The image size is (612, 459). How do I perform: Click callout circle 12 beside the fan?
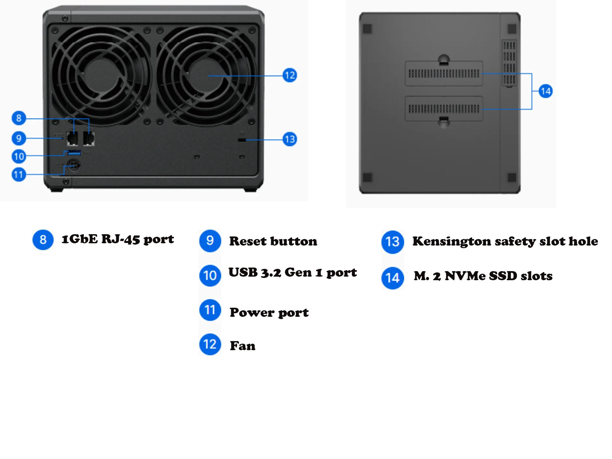pyautogui.click(x=289, y=75)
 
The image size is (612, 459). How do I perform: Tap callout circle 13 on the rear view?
pyautogui.click(x=289, y=139)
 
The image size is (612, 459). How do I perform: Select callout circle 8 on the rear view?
pyautogui.click(x=19, y=118)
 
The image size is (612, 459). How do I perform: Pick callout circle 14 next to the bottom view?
pyautogui.click(x=545, y=91)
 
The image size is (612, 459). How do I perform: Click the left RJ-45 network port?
pyautogui.click(x=72, y=139)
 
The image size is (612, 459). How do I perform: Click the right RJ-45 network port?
pyautogui.click(x=89, y=139)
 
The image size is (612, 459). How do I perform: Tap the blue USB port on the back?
pyautogui.click(x=74, y=153)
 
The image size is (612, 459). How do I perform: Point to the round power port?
pyautogui.click(x=74, y=166)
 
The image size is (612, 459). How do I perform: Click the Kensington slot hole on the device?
pyautogui.click(x=242, y=140)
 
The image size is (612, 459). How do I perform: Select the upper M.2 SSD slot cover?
pyautogui.click(x=444, y=74)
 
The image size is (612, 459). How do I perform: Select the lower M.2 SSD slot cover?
pyautogui.click(x=444, y=109)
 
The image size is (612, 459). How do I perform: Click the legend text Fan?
pyautogui.click(x=243, y=346)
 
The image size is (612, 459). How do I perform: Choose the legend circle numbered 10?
pyautogui.click(x=210, y=276)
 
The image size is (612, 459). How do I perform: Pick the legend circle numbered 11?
pyautogui.click(x=210, y=310)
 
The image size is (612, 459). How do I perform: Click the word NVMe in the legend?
pyautogui.click(x=465, y=276)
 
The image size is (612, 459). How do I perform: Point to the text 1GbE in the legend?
pyautogui.click(x=79, y=239)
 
